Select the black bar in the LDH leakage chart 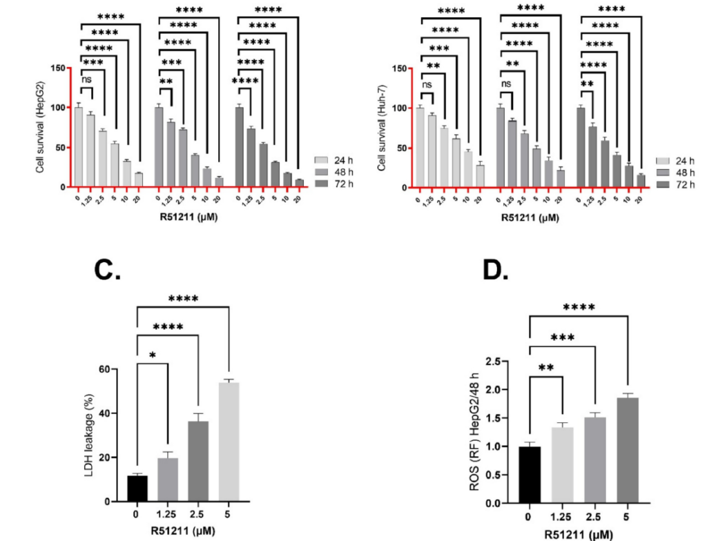[x=137, y=489]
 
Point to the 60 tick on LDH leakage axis [x=104, y=369]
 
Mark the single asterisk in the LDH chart [x=153, y=355]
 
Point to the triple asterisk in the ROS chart [x=561, y=338]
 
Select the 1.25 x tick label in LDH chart [x=167, y=514]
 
